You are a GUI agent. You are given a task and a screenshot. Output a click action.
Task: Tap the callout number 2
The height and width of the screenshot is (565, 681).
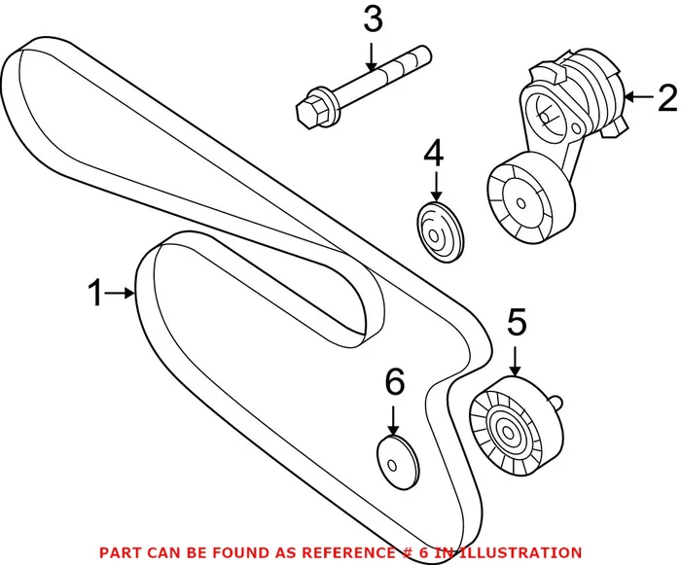665,96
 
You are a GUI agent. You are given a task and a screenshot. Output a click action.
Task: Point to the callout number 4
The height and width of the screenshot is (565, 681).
434,153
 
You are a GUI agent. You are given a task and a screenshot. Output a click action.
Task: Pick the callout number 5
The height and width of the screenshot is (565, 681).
516,323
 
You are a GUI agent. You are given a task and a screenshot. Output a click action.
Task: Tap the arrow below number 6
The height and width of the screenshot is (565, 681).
394,420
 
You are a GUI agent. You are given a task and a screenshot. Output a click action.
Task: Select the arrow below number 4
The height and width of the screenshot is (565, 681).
435,188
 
